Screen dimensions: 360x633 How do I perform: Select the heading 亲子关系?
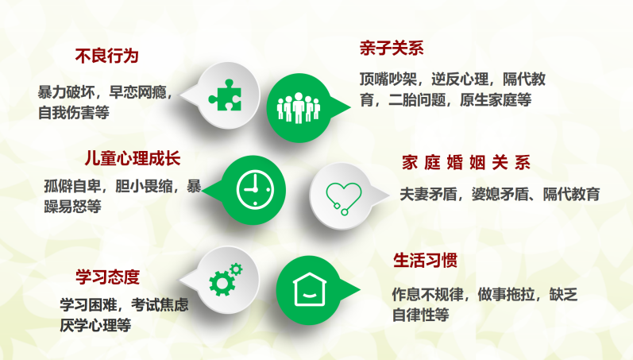pyautogui.click(x=392, y=48)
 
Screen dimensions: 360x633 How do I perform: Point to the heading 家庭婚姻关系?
pyautogui.click(x=465, y=163)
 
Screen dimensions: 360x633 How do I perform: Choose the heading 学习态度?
pyautogui.click(x=107, y=277)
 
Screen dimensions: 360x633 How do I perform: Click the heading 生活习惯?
pyautogui.click(x=425, y=261)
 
